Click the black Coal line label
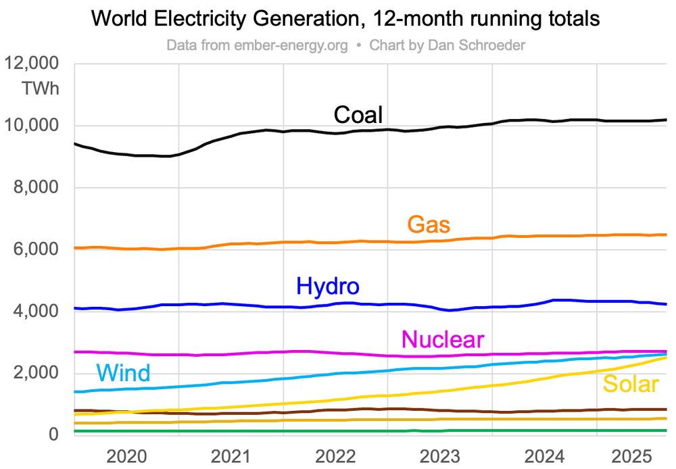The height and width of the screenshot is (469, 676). pos(358,114)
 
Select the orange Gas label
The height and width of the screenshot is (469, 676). pos(429,224)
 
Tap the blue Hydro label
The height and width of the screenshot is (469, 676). pos(328,287)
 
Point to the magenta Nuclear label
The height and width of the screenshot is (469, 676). pos(443,339)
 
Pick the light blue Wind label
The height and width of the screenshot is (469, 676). pos(123,372)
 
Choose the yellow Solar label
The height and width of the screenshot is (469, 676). pos(630,384)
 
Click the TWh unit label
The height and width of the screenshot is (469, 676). pos(40,89)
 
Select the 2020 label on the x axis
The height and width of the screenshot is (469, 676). pos(126,454)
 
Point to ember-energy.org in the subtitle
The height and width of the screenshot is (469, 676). pos(291,46)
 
